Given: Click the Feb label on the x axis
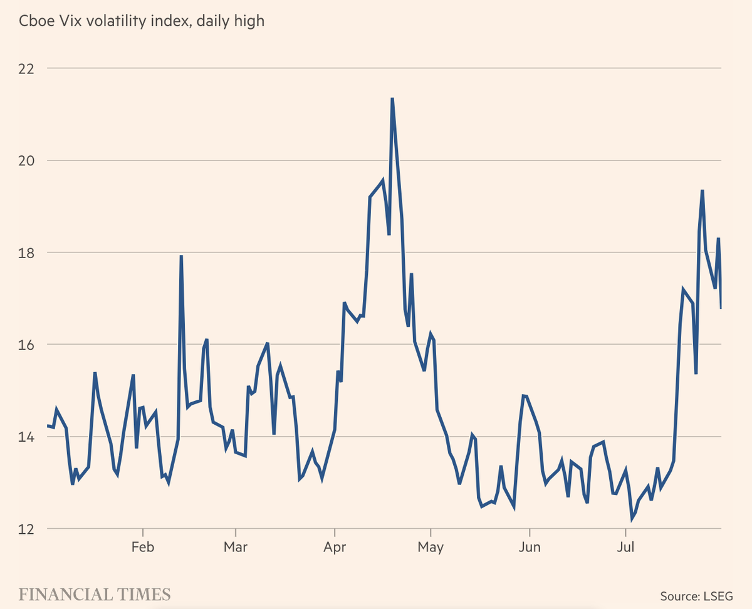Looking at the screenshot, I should tap(143, 547).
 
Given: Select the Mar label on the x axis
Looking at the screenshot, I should tap(235, 547).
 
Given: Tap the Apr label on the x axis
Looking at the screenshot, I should tap(335, 547).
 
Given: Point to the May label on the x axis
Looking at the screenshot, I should tap(431, 547).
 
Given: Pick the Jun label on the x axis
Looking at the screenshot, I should tap(530, 547).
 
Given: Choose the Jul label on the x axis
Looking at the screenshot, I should tap(626, 547).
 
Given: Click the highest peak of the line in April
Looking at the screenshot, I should tap(392, 98).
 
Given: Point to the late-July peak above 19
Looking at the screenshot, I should tap(702, 190).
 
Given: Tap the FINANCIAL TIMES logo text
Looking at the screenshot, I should tap(94, 593).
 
